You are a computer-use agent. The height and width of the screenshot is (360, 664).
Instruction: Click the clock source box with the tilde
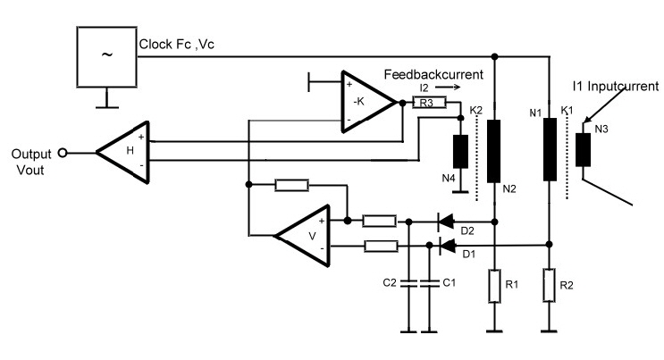pyautogui.click(x=105, y=56)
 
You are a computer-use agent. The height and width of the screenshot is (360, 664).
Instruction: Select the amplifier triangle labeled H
pyautogui.click(x=126, y=149)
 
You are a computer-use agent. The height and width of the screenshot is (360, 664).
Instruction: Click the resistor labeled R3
pyautogui.click(x=429, y=104)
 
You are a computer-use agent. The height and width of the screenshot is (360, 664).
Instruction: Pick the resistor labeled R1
pyautogui.click(x=494, y=286)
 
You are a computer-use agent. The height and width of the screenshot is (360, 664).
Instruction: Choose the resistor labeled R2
pyautogui.click(x=550, y=286)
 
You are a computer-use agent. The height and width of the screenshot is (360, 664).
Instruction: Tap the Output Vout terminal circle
pyautogui.click(x=63, y=153)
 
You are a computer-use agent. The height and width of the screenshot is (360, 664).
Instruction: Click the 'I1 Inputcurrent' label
pyautogui.click(x=616, y=86)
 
